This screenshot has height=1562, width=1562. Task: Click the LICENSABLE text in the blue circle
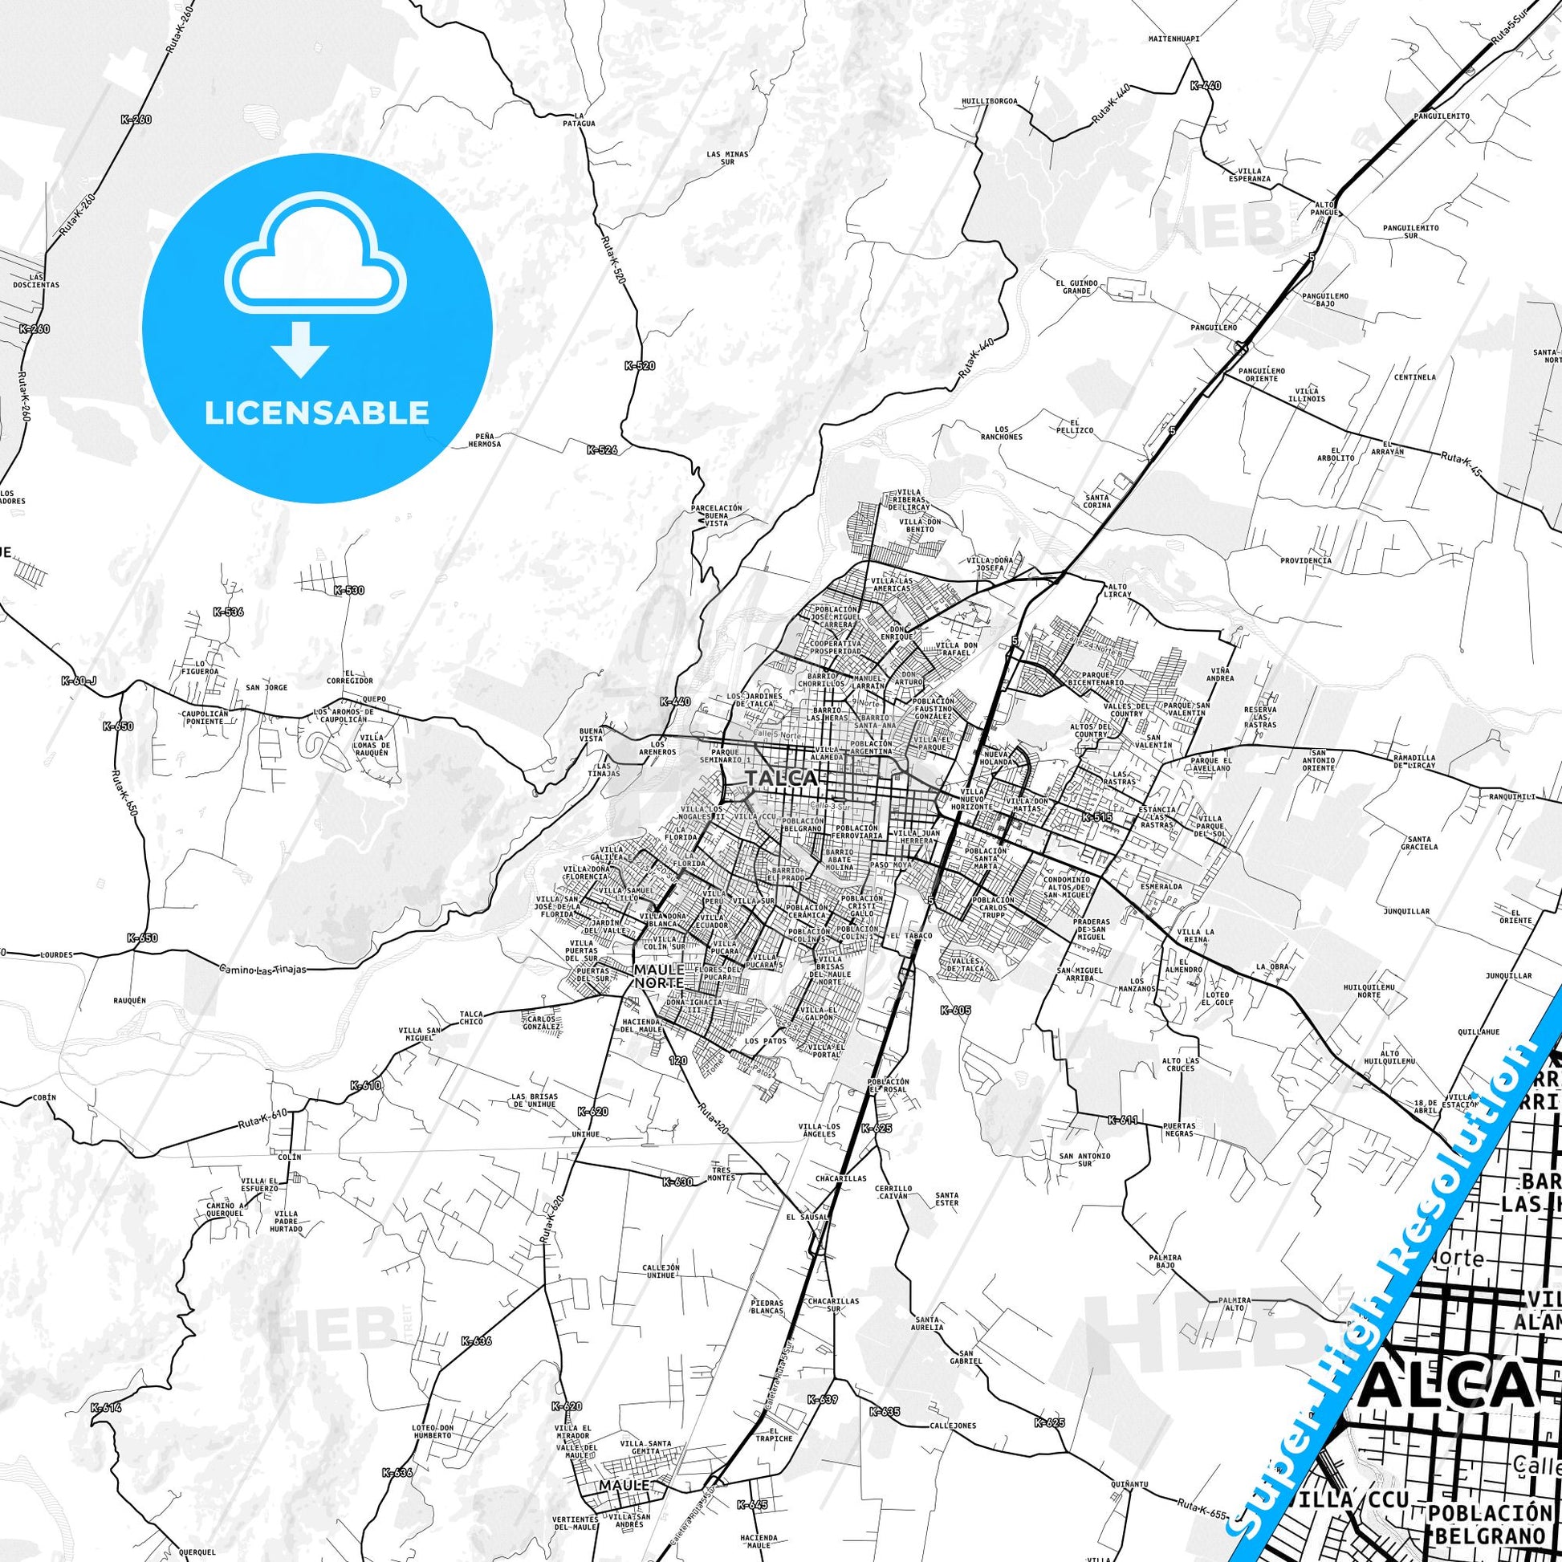[316, 413]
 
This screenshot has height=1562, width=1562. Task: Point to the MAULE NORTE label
[659, 975]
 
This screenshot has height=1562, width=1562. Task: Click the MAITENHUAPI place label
[1174, 38]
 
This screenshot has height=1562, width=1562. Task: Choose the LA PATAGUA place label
[579, 120]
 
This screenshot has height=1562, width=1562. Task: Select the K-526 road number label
[602, 449]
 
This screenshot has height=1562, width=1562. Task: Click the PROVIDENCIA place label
[1305, 559]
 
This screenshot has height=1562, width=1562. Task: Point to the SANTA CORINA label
[1097, 500]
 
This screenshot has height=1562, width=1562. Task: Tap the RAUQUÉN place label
[129, 1000]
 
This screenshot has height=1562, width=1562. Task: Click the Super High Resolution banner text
[1382, 1294]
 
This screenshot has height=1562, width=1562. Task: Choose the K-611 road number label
[1123, 1120]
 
